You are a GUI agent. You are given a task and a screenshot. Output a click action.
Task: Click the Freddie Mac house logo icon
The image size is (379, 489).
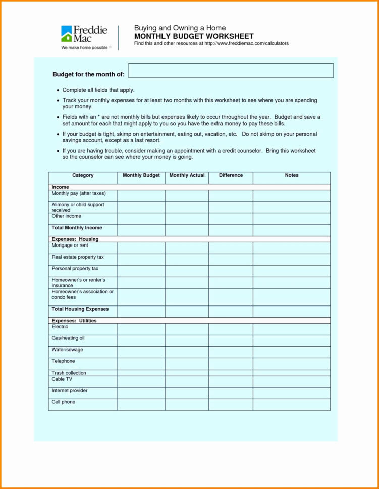click(67, 34)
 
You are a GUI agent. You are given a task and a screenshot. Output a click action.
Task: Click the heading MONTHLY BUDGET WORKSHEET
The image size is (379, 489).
click(194, 36)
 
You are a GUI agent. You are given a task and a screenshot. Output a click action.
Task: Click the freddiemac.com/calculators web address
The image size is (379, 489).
click(246, 44)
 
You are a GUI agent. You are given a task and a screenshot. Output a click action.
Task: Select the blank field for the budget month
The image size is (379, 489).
click(231, 71)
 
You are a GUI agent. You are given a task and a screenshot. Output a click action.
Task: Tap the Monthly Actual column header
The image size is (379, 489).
click(187, 176)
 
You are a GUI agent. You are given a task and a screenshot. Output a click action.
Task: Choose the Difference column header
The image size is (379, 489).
click(231, 176)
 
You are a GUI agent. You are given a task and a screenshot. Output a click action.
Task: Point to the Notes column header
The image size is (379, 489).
click(292, 176)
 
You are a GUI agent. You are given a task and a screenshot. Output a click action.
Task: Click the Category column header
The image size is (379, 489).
click(83, 176)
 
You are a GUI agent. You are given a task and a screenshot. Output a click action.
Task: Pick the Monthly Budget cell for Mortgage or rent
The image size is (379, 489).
click(141, 248)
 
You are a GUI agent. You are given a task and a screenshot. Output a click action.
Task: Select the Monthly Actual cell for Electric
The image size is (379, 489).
click(187, 329)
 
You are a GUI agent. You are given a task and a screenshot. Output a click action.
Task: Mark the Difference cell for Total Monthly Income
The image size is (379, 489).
click(231, 230)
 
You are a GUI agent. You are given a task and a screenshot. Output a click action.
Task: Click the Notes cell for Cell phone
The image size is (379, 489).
click(292, 404)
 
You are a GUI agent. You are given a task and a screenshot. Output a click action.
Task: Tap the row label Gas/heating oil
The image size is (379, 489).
click(68, 338)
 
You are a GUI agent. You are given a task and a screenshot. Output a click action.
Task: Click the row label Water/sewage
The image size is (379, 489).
click(67, 350)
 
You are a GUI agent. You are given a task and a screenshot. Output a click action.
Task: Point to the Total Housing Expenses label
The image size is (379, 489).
click(80, 309)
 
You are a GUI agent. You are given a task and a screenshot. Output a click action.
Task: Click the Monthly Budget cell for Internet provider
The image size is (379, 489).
click(141, 393)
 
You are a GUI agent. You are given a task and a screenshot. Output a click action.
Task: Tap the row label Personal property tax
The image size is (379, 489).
click(75, 269)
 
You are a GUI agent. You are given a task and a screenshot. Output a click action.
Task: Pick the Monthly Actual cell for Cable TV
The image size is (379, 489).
click(187, 381)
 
